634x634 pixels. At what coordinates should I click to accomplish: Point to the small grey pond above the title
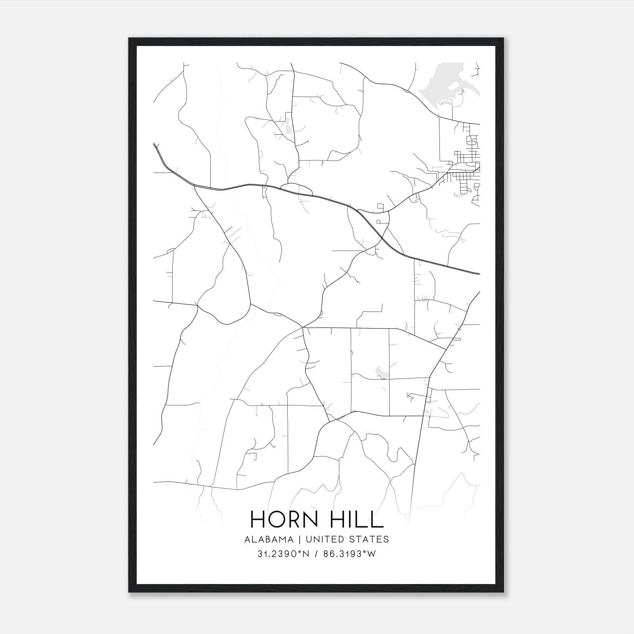click(380, 372)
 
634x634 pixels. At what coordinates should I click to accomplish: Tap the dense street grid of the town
click(466, 166)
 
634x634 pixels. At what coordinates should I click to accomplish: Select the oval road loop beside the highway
click(296, 189)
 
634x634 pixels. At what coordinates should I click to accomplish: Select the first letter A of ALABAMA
click(247, 539)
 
